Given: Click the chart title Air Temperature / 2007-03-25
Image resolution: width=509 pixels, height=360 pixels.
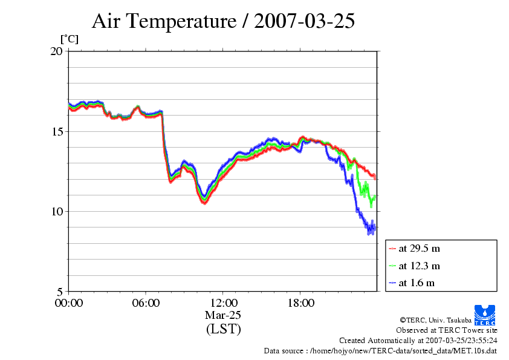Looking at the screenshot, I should tap(223, 22).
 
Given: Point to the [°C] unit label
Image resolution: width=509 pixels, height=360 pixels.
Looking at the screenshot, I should tap(69, 39).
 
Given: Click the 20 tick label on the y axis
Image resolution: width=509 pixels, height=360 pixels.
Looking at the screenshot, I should tap(56, 51).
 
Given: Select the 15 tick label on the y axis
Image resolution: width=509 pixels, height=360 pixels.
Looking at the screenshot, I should tap(56, 131).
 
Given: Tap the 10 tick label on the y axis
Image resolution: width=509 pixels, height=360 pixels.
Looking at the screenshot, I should tap(56, 211).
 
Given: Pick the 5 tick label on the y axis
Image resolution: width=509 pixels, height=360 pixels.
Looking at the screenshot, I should tap(59, 291).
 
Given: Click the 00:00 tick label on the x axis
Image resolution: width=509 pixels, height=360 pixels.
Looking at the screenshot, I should tap(69, 303).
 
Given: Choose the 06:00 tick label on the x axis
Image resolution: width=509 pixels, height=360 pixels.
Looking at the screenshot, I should tap(146, 303).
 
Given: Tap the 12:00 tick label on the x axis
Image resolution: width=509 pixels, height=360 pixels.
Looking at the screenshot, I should tap(223, 303).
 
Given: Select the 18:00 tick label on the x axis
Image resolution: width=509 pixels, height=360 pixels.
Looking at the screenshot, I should tap(300, 303).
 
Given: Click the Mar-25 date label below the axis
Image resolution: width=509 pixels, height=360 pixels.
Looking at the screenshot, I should tap(223, 316).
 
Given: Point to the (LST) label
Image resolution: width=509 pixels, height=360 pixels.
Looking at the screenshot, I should tap(223, 330).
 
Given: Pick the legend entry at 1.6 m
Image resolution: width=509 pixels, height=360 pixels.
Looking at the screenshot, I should tap(417, 283).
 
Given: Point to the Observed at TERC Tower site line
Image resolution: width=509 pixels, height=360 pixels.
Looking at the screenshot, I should tap(446, 330).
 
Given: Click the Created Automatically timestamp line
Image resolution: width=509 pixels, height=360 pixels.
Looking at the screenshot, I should tap(418, 341).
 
